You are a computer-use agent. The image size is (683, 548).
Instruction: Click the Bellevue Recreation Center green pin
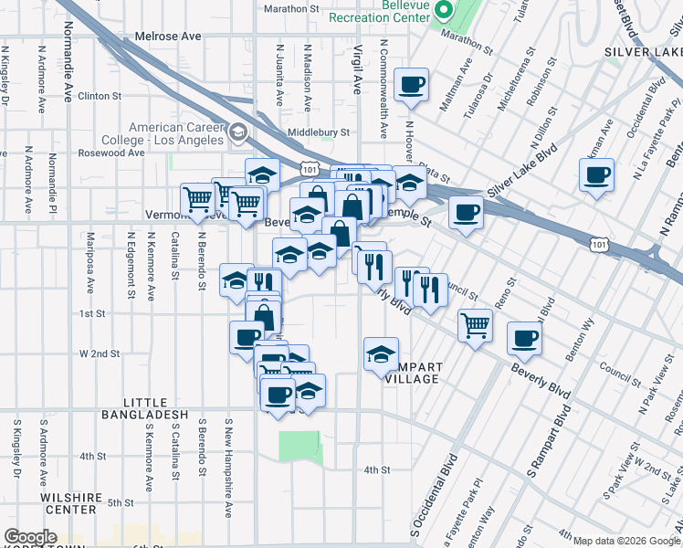click(445, 11)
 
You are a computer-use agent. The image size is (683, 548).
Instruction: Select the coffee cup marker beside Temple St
click(466, 213)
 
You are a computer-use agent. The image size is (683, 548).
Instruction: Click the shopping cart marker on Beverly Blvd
click(475, 324)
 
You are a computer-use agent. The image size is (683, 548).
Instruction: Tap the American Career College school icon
click(238, 133)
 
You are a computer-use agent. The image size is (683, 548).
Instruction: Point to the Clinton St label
click(100, 96)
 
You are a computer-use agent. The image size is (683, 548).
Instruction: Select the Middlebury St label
click(319, 132)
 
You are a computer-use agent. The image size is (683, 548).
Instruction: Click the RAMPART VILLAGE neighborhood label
click(414, 373)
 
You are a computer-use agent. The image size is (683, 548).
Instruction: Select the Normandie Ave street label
click(68, 68)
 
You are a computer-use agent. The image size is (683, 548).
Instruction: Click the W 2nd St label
click(100, 353)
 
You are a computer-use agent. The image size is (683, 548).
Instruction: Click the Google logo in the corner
click(29, 537)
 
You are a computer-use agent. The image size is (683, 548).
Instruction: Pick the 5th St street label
click(121, 502)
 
